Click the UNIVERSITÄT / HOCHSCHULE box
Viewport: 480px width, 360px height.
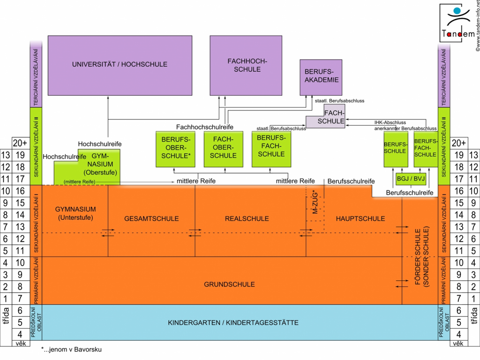point(120,65)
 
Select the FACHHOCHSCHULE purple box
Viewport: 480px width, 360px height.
point(246,65)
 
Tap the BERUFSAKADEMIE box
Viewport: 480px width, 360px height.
point(321,77)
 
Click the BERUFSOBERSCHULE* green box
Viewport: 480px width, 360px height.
point(175,149)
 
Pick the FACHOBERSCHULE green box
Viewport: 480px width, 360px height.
point(224,149)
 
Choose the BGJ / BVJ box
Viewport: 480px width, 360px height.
point(411,179)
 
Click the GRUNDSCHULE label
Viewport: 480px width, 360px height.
point(229,285)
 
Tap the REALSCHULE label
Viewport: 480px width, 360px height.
point(247,218)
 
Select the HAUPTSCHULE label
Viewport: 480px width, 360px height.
point(360,218)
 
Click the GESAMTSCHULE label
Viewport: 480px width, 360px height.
point(151,218)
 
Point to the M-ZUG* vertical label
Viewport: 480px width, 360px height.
point(315,202)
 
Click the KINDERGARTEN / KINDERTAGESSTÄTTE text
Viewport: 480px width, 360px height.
point(233,322)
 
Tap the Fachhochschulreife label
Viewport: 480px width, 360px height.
point(204,127)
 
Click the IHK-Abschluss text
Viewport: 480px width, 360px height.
point(390,122)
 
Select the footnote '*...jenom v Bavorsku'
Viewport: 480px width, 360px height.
point(71,349)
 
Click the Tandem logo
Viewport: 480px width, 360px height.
point(458,23)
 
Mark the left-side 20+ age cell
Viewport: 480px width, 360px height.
point(20,143)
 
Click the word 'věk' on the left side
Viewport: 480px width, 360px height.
point(21,344)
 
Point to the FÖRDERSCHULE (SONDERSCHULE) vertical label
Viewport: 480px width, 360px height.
point(422,256)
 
